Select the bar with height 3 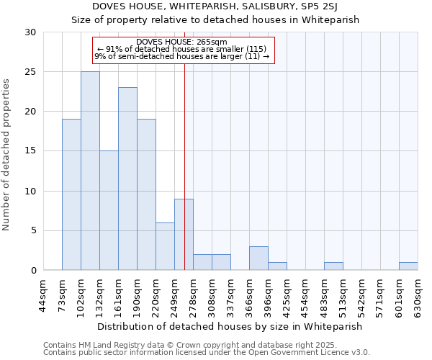258,258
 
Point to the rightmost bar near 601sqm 408,266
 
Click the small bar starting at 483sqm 333,266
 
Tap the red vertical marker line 185,144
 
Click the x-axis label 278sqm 194,295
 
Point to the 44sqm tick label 44,295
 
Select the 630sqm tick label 418,295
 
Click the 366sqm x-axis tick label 250,295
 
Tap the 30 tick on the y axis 30,32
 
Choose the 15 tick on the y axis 30,151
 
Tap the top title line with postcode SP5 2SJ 215,6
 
